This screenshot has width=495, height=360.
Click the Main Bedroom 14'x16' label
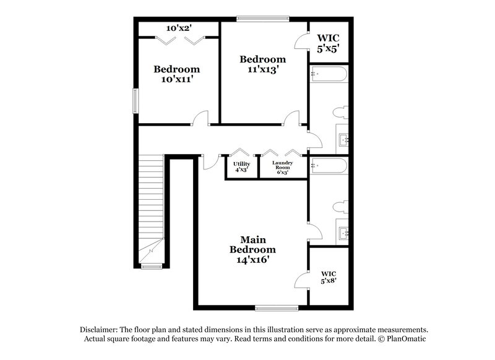252,249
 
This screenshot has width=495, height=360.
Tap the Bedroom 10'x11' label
177,74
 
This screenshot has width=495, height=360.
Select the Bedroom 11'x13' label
263,64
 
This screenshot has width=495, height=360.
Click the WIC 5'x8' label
329,277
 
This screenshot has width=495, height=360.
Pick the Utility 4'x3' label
242,167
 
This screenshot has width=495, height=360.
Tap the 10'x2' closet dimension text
179,28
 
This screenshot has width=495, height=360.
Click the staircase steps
150,198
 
